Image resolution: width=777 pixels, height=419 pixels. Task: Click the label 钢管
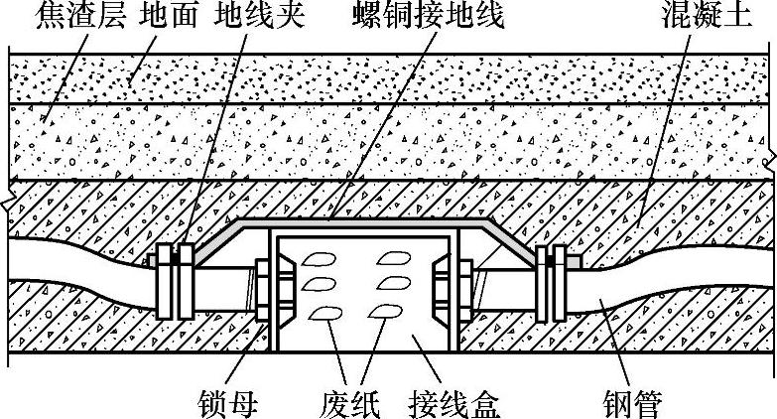coord(632,403)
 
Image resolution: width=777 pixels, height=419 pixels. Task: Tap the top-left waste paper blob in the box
coord(318,260)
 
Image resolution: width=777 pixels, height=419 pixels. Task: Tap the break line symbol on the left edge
coord(7,203)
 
